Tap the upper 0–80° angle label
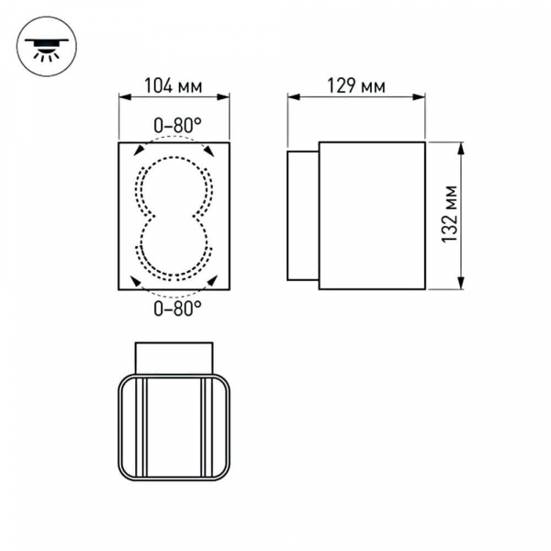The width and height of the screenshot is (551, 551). click(177, 123)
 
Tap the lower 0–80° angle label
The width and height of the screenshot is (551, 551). click(177, 309)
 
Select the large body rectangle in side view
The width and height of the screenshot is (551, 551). click(372, 216)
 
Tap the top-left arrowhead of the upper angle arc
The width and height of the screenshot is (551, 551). click(140, 151)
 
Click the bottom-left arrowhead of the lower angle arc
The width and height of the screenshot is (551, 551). click(139, 282)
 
